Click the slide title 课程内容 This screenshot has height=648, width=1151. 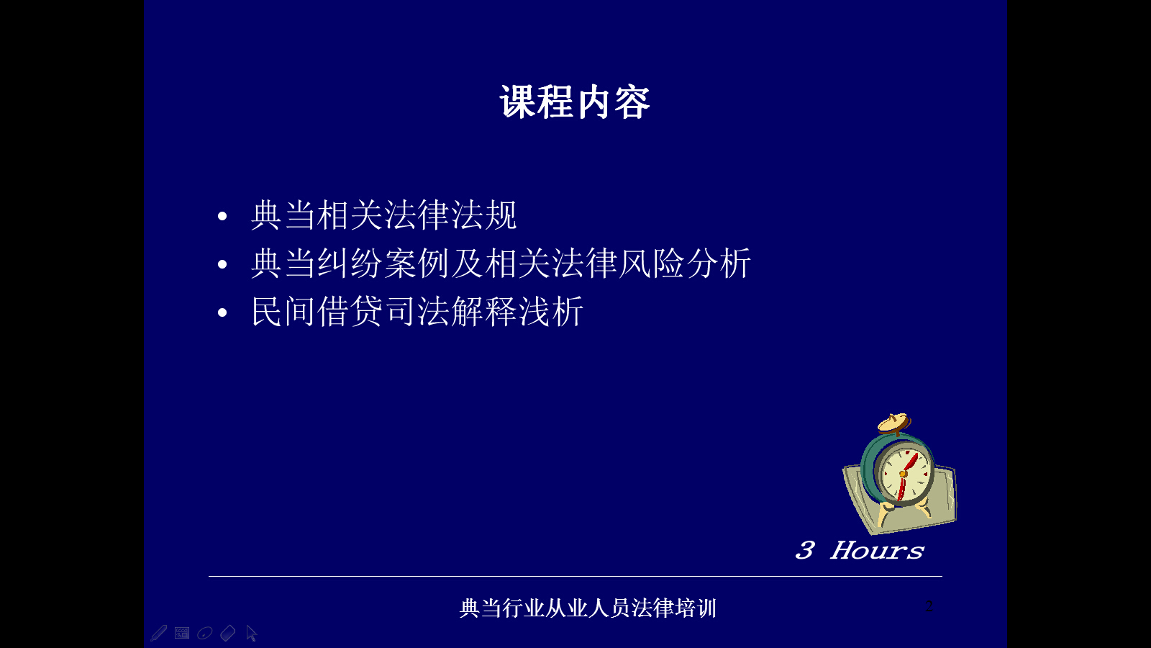coord(575,102)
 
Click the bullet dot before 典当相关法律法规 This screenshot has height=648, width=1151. coord(222,216)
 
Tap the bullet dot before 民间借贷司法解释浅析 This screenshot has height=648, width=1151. coord(222,312)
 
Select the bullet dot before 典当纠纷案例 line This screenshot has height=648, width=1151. coord(222,264)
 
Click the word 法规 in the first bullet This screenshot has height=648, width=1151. coord(484,215)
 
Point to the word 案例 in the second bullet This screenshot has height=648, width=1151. coord(417,264)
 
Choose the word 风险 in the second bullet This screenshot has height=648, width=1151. coord(651,264)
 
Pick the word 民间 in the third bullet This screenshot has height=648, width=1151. coord(283,311)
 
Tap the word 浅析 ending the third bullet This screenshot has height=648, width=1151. coord(551,311)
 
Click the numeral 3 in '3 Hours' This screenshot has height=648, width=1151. coord(805,550)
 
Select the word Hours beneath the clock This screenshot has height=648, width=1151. coord(878,550)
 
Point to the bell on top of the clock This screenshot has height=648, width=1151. coord(894,423)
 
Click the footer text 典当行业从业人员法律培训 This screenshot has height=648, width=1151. coord(588,608)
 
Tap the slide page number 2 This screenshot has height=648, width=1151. coord(929,606)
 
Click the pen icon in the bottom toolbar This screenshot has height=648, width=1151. coord(159,633)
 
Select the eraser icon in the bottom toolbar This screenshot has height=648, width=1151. coord(227,633)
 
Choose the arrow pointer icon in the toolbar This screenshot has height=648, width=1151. coord(251,633)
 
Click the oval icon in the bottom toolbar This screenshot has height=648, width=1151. coord(204,633)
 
